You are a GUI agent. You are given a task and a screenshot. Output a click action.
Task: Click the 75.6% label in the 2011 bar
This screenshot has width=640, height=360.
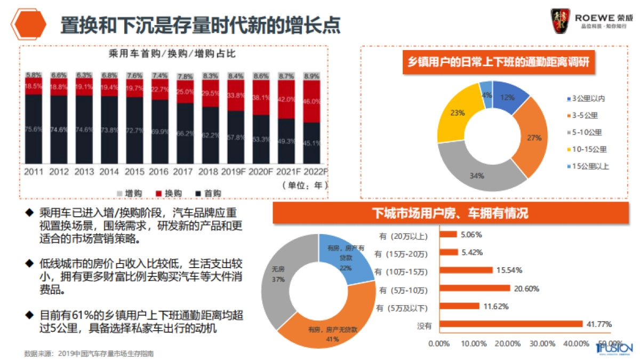point(33,127)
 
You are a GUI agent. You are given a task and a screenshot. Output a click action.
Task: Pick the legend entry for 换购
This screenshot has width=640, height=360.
point(163,193)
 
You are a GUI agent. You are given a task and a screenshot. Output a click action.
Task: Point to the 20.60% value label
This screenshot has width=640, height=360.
point(526,289)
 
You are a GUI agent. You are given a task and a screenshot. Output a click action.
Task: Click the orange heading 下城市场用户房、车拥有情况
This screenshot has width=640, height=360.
point(450,214)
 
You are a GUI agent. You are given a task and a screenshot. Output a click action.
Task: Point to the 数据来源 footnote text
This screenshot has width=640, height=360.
point(91,353)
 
